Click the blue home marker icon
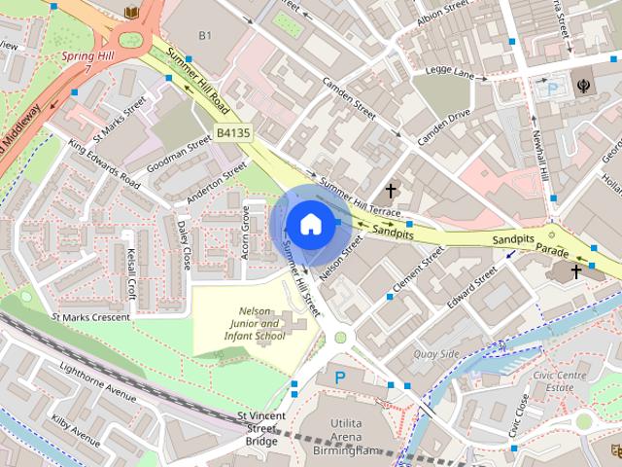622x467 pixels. [x=309, y=224]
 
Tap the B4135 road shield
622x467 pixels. [x=232, y=132]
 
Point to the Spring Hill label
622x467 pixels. [x=88, y=56]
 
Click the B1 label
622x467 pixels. [x=205, y=36]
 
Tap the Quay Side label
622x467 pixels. [x=436, y=354]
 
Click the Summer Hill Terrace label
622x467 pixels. [x=360, y=198]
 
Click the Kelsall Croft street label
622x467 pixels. [x=131, y=274]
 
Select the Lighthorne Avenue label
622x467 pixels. [x=98, y=382]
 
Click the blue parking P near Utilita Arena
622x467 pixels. [x=340, y=377]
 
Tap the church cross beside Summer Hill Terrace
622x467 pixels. [x=392, y=191]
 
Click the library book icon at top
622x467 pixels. [x=131, y=12]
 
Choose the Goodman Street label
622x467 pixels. [x=179, y=155]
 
